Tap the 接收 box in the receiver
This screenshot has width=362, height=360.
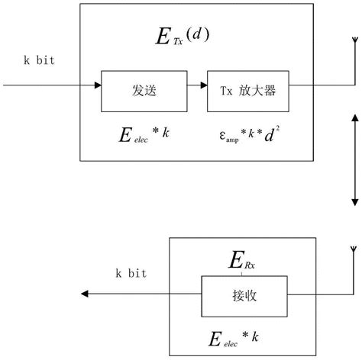(x=244, y=295)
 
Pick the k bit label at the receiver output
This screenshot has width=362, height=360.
(x=131, y=273)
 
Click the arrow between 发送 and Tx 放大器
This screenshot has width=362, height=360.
(x=194, y=85)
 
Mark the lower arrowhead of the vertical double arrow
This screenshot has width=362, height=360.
(x=353, y=201)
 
